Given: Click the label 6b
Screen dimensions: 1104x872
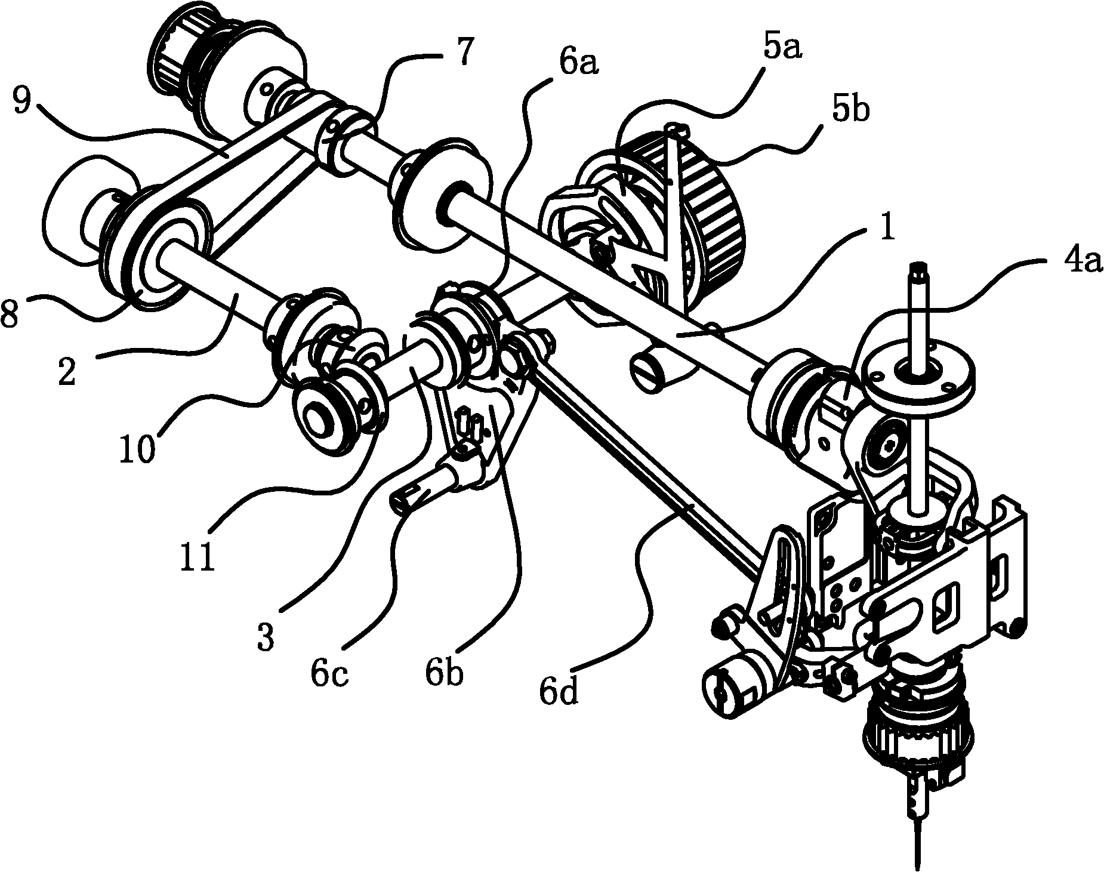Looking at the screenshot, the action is coord(444,672).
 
